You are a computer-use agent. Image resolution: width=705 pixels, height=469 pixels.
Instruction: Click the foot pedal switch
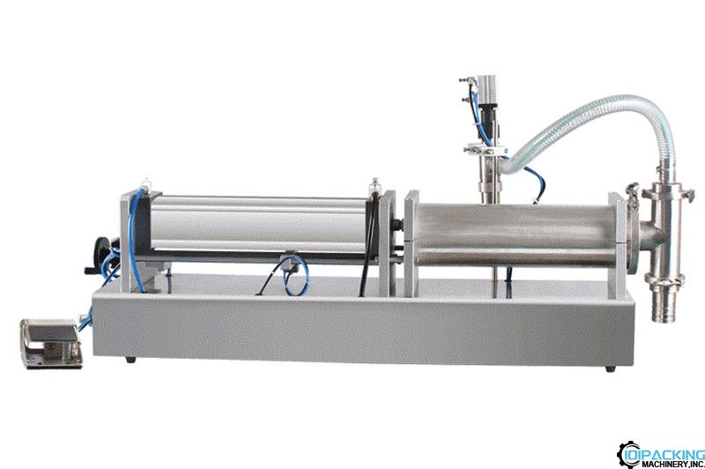click(52, 343)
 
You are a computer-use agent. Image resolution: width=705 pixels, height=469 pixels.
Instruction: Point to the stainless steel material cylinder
click(515, 234)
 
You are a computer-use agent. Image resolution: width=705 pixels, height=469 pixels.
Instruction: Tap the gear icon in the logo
click(628, 454)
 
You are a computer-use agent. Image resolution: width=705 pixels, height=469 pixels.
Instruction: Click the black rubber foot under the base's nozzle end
click(610, 368)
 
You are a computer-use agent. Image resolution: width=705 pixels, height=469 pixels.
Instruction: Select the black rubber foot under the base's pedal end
click(130, 360)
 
